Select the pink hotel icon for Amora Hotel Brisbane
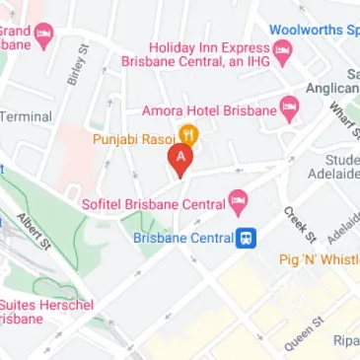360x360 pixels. tap(289, 108)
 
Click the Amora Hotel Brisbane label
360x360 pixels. tap(208, 110)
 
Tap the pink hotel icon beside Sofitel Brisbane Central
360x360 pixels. tap(238, 204)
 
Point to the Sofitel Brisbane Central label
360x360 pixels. tap(151, 205)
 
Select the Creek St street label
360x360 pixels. tap(299, 224)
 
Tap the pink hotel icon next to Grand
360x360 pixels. tap(43, 36)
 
